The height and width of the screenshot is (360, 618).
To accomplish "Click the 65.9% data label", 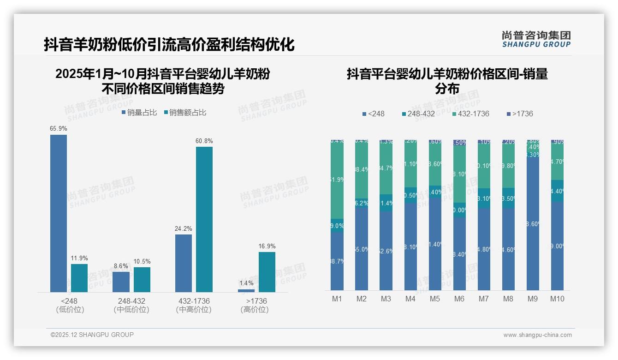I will click(59, 129).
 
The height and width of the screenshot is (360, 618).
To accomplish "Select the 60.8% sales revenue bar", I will click(204, 219).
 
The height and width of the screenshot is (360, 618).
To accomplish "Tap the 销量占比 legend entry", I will click(139, 113).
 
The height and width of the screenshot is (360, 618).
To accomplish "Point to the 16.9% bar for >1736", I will click(267, 272).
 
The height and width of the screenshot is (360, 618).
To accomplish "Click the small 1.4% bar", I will click(246, 291).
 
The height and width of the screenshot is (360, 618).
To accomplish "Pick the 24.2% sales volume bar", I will click(184, 263).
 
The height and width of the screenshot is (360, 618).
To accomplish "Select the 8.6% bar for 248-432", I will click(121, 282).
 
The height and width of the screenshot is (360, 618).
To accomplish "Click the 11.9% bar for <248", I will click(79, 278).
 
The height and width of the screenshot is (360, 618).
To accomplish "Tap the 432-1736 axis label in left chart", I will click(194, 301).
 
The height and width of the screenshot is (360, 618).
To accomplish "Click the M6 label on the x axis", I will click(459, 299).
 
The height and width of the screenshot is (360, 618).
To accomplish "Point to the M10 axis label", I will click(557, 299).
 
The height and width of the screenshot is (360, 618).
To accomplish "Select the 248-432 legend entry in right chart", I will click(418, 114).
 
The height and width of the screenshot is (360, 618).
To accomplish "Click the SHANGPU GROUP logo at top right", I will click(536, 39).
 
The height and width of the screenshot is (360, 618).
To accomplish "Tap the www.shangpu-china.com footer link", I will click(537, 335).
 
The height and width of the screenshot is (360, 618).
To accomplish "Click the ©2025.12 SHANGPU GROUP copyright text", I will click(92, 335).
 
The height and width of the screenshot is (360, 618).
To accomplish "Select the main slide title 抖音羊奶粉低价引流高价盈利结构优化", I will click(169, 45).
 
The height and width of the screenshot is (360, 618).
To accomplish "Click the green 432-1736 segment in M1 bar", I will click(337, 180).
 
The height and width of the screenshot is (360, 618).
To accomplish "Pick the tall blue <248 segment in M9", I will click(533, 224).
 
